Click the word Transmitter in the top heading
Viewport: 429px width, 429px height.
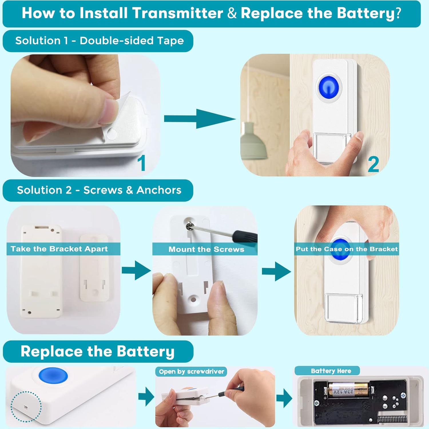(177, 13)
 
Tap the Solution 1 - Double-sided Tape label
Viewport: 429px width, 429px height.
(99, 41)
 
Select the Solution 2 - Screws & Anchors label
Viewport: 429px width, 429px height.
(99, 190)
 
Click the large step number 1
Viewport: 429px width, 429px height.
(142, 163)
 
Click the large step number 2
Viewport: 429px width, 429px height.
(373, 164)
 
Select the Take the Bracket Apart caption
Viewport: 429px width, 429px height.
(59, 249)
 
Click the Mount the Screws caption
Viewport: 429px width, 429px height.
(206, 249)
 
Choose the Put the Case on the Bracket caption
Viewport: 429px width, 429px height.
(347, 249)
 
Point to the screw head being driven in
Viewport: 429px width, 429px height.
(189, 226)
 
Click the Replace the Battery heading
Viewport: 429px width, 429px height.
(98, 351)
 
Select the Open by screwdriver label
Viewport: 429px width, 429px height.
(191, 372)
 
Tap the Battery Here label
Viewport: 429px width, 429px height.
(331, 371)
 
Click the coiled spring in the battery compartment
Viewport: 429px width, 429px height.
(392, 419)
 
